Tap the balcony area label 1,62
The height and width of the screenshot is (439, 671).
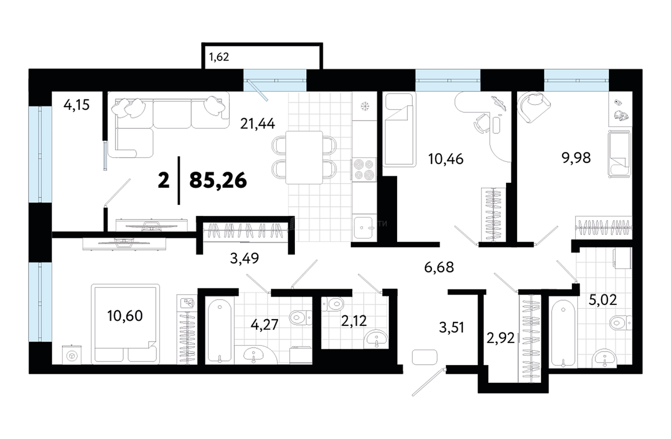pos(219,57)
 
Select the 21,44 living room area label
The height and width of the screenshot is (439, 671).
pos(258,124)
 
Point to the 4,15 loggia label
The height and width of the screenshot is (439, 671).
pos(76,105)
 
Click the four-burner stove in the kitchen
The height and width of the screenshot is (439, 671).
pos(364,170)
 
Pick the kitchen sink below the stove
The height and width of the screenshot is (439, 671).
pos(364,228)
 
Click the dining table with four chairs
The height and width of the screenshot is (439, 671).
pos(304,158)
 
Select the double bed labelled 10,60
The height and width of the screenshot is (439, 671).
pos(125,324)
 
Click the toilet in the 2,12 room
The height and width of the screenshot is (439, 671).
pos(333,304)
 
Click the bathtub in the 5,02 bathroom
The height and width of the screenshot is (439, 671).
pos(563,333)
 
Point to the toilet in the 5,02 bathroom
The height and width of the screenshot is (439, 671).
pos(621,323)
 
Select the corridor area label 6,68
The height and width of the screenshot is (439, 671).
pos(439,268)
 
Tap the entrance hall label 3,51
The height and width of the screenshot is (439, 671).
pos(452,327)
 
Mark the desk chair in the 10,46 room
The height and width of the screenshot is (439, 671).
pos(482,123)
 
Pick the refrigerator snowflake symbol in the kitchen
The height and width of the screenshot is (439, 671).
pos(364,106)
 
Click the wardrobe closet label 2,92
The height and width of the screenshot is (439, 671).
pos(500,338)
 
